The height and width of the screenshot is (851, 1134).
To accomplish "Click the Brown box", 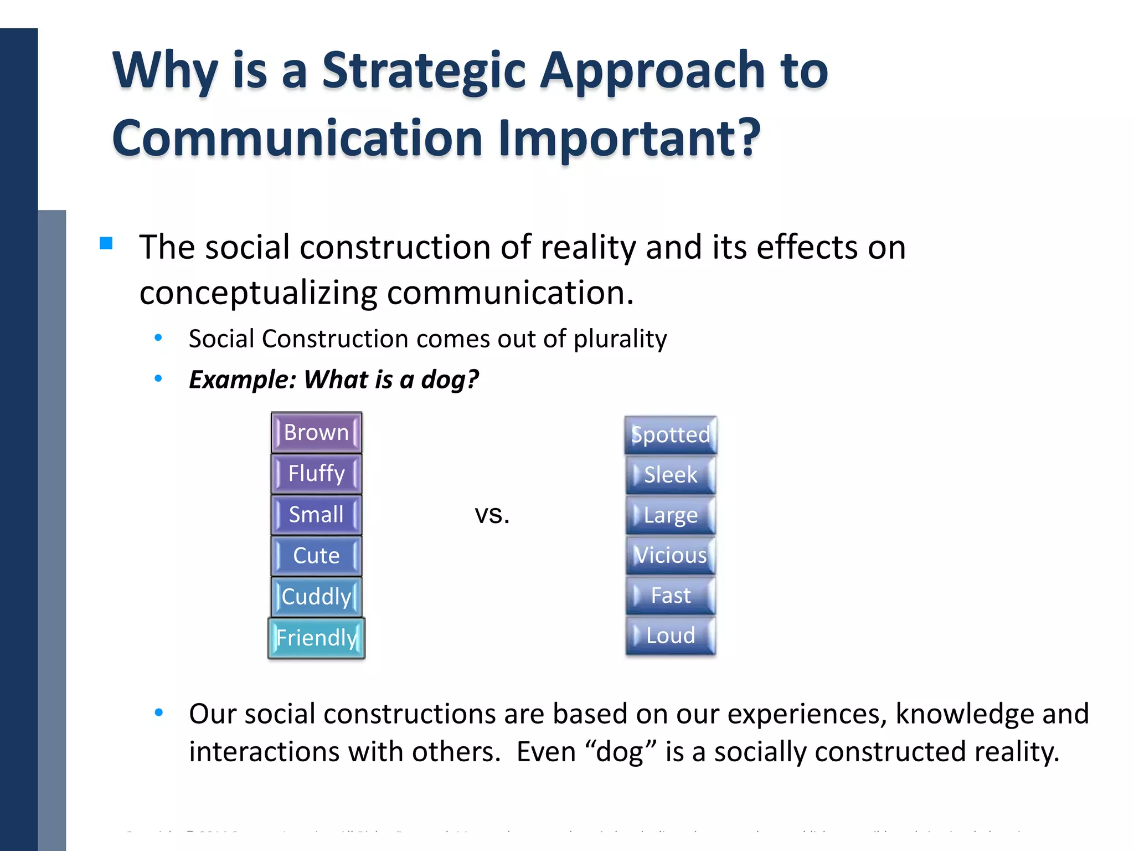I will tap(316, 432).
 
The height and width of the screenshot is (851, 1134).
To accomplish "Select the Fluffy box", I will tap(316, 474).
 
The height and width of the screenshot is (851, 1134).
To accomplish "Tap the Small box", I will tap(316, 515).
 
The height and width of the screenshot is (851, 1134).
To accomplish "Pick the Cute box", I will tap(316, 556).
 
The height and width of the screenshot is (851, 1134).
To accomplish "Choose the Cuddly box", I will tap(316, 597).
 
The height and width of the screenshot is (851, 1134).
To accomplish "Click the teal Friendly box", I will tap(316, 638).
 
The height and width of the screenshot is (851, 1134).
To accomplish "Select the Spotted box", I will tap(671, 435).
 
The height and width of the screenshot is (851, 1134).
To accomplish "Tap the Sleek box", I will tap(671, 475).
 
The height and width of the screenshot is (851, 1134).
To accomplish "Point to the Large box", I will tap(671, 515).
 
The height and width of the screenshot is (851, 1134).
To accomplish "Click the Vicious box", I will tap(671, 555).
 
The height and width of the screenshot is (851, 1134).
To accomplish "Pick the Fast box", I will tap(671, 596).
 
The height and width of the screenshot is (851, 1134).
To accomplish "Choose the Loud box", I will tap(671, 635).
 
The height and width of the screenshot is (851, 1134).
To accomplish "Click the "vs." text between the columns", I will tap(492, 515).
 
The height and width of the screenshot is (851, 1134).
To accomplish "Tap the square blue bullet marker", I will tap(106, 243).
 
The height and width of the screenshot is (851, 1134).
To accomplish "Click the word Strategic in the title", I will tap(424, 71).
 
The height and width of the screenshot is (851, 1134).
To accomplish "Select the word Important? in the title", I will tap(629, 139).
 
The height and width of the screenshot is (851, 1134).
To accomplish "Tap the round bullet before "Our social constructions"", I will tap(158, 713).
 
